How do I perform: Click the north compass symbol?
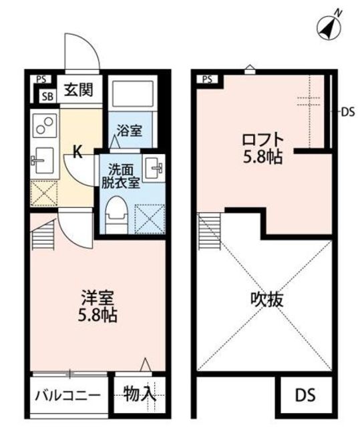coord(329,27)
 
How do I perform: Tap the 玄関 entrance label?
coord(79,89)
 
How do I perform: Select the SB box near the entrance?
coord(47,97)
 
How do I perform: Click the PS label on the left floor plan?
coord(41,79)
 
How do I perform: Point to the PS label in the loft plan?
coord(207,79)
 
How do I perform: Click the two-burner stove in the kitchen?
coord(45,125)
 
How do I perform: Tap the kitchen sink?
coord(43,161)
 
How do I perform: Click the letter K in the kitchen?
coord(77,152)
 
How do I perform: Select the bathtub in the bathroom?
coord(133,93)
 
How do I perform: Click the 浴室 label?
coord(130,131)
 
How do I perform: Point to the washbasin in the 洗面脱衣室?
coord(154,168)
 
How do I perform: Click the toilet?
coord(116,215)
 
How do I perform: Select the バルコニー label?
coord(68,396)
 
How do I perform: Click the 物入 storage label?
coord(140,394)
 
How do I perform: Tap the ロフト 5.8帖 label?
coord(262,148)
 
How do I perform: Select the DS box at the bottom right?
coord(305,395)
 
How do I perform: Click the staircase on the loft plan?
coord(209,232)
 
